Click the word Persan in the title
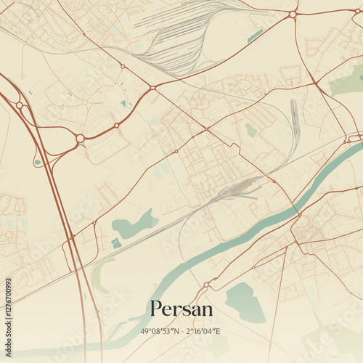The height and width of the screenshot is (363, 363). click(x=181, y=309)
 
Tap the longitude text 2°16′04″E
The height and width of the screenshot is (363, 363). click(x=203, y=331)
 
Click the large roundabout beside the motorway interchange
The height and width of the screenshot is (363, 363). click(x=80, y=138)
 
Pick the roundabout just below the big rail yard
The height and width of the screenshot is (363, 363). click(x=152, y=88)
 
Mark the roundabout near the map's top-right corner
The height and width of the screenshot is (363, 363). click(x=293, y=14)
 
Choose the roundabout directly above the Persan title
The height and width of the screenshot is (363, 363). click(x=206, y=284)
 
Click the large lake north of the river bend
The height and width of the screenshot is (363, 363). click(x=134, y=224)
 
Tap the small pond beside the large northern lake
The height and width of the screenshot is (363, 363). click(x=116, y=243)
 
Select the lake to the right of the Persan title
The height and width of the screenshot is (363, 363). click(x=245, y=301)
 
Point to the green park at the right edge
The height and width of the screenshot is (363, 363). click(x=347, y=81)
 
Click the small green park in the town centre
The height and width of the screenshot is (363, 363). click(x=250, y=130)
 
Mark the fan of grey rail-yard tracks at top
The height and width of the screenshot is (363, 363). click(x=181, y=40)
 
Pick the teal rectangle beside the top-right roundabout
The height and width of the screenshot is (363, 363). click(x=255, y=35)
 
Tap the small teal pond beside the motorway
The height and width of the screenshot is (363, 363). click(x=37, y=162)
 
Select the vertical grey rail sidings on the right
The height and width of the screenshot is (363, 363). click(x=294, y=120)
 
